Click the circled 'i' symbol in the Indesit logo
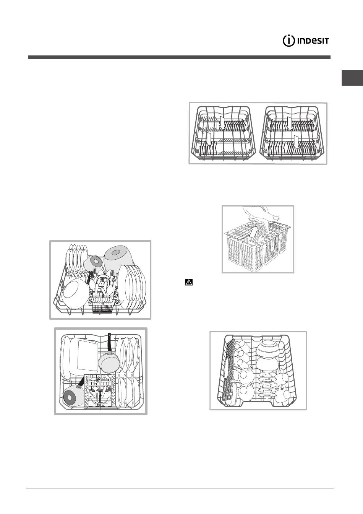[288, 41]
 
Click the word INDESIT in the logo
[313, 41]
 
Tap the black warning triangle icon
[189, 282]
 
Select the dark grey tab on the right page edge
[352, 78]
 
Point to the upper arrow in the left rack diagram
[222, 123]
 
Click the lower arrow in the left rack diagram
[209, 138]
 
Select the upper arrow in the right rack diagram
[290, 123]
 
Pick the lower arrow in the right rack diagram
[296, 142]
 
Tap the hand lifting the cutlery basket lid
[259, 212]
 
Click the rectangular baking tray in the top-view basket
[84, 356]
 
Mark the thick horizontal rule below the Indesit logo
[179, 57]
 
